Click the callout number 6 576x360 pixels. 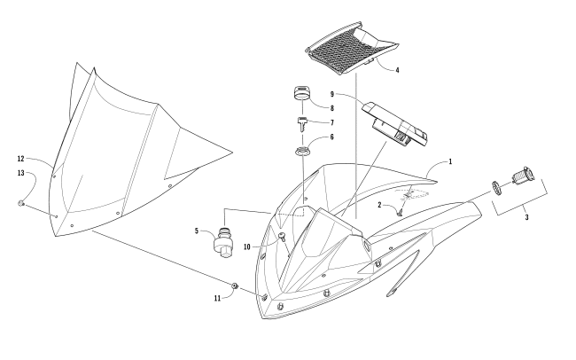(331, 137)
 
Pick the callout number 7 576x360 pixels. (331, 121)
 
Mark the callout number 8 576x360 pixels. (331, 106)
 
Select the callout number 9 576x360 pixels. (331, 93)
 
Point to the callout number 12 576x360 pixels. (19, 159)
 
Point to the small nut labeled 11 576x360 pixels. (235, 286)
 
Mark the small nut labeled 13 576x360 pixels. (21, 205)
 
